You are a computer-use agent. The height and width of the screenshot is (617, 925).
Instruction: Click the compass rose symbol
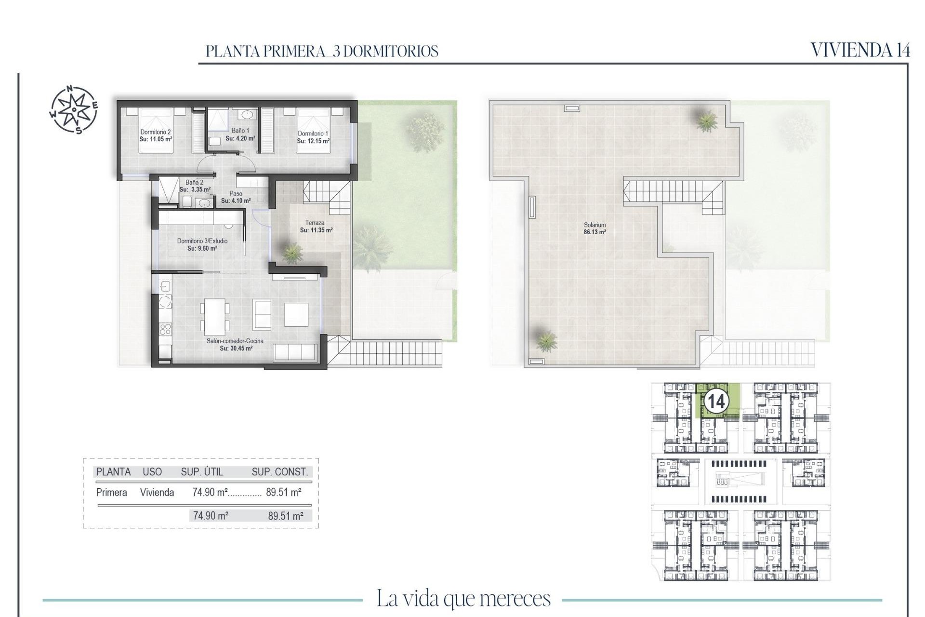74,109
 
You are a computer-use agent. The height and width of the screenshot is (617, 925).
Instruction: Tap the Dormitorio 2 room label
156,132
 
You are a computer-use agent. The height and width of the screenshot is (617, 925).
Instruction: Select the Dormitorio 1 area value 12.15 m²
313,141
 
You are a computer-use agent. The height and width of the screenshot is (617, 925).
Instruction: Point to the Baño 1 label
240,131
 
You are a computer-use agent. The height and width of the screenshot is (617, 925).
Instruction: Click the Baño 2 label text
194,183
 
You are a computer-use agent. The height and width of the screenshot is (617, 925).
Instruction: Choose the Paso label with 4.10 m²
236,197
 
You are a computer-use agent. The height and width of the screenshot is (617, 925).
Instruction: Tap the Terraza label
315,223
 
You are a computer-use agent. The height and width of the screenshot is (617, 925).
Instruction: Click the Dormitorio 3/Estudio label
202,241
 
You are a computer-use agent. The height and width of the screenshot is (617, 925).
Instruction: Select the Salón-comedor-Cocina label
235,341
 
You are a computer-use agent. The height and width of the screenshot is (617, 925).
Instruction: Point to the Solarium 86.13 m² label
595,228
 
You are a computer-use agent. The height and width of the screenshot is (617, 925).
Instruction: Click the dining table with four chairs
215,317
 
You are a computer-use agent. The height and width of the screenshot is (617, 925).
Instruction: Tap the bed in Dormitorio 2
156,130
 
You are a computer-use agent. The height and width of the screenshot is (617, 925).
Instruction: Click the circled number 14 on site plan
716,401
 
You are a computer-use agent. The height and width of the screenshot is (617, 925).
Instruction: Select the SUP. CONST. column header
279,472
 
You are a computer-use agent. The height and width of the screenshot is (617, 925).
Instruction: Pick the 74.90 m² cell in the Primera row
210,492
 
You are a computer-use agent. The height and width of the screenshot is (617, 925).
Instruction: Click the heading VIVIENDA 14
860,50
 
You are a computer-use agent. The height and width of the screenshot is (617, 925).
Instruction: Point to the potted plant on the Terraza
292,253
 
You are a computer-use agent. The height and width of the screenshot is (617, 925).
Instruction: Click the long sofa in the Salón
295,353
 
